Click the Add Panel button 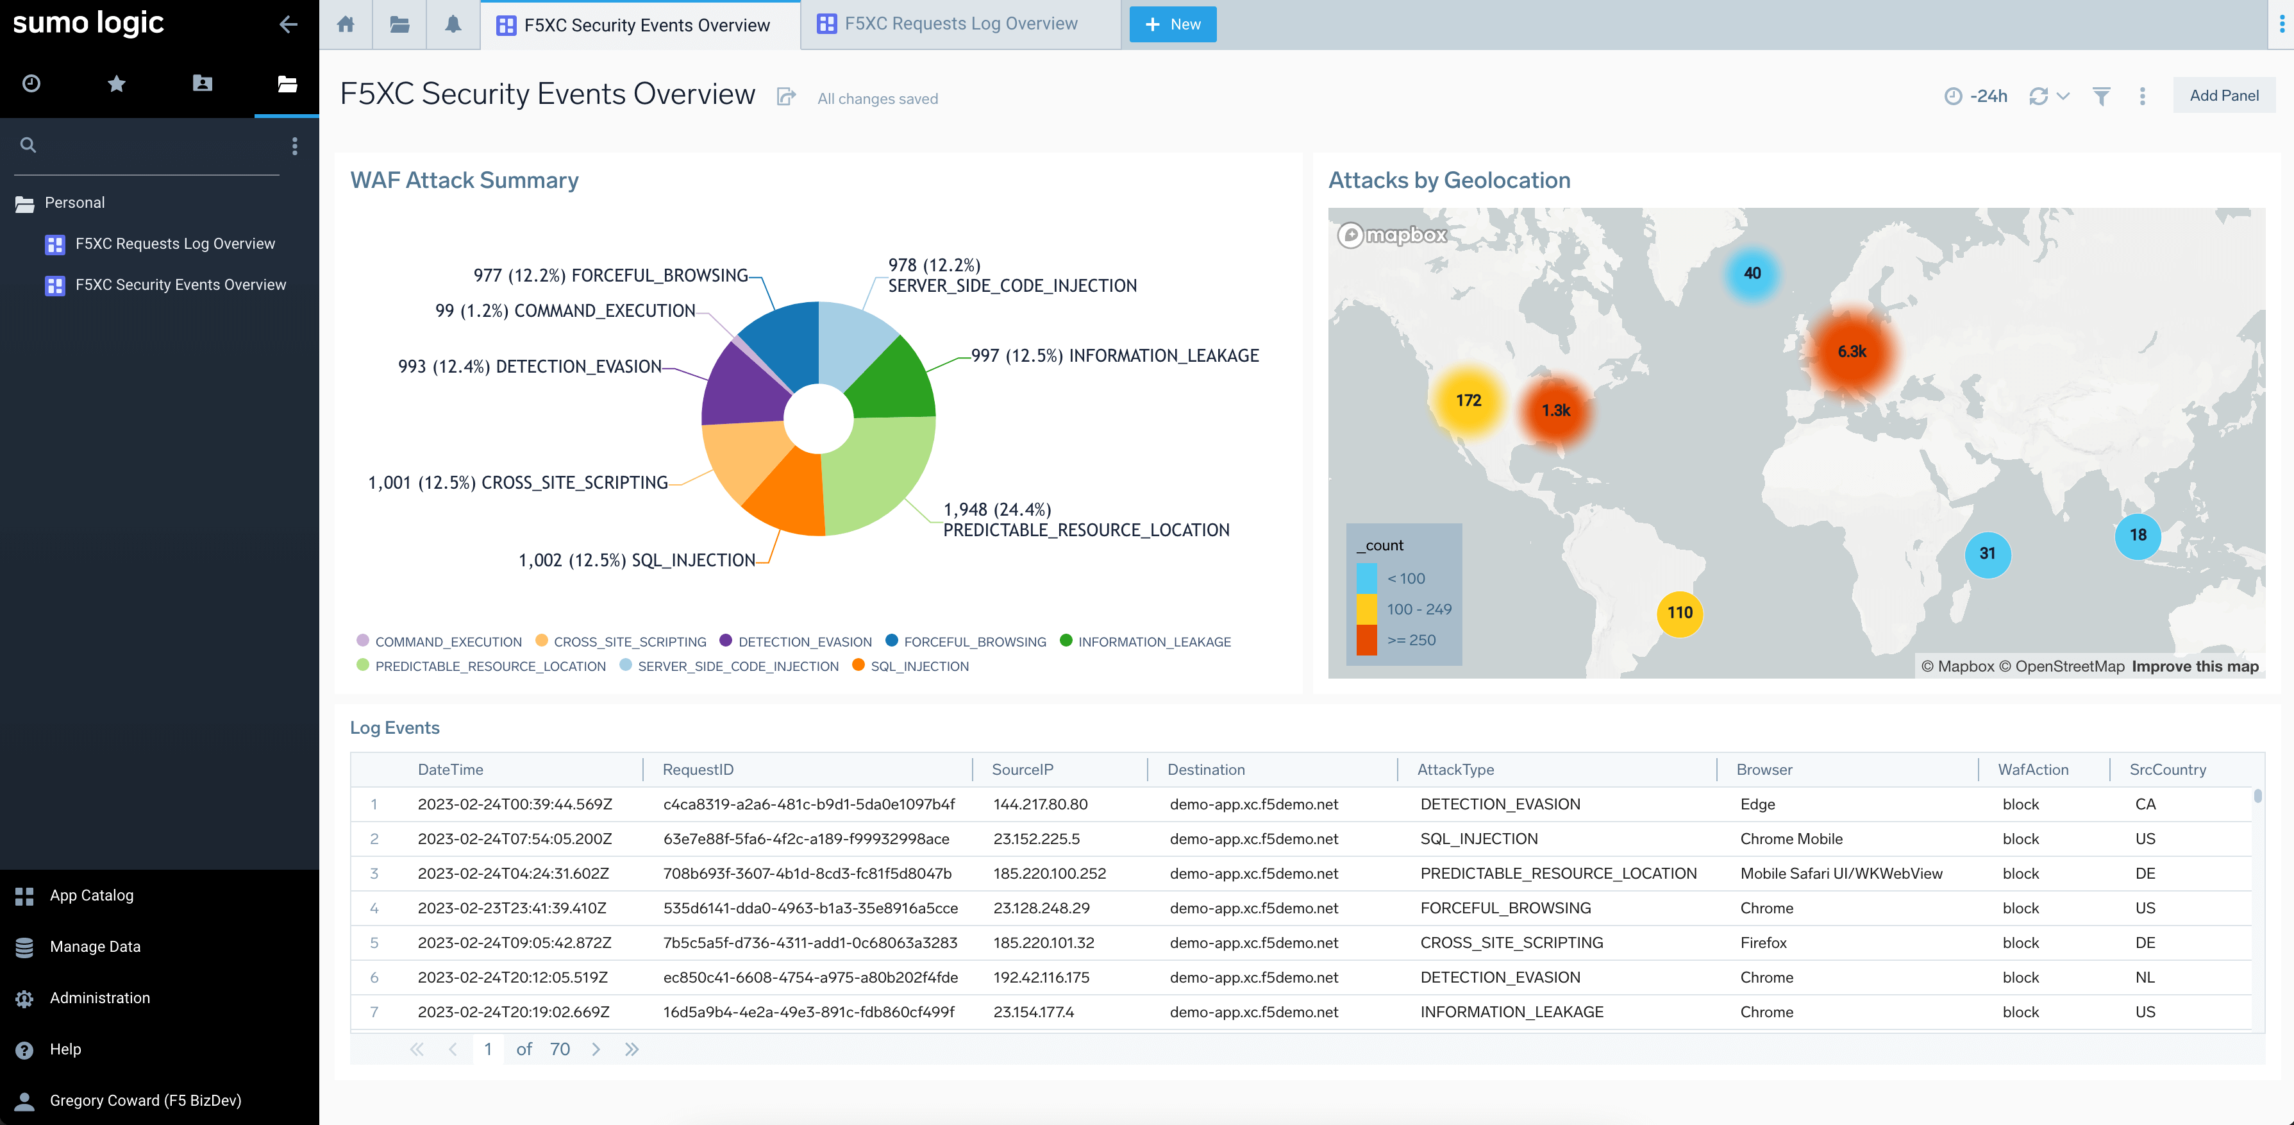pyautogui.click(x=2223, y=96)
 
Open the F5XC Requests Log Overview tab pyautogui.click(x=959, y=24)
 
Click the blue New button pyautogui.click(x=1172, y=24)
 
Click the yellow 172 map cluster pyautogui.click(x=1468, y=401)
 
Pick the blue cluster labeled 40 pyautogui.click(x=1751, y=273)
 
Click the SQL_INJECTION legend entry pyautogui.click(x=918, y=666)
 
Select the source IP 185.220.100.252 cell pyautogui.click(x=1049, y=874)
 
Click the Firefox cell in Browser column pyautogui.click(x=1762, y=942)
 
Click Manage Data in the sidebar pyautogui.click(x=94, y=946)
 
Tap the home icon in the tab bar pyautogui.click(x=346, y=24)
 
